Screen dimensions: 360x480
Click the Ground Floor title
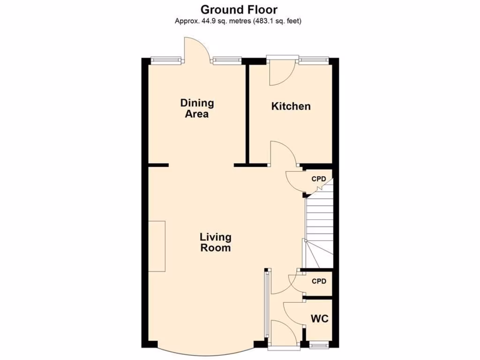coord(240,9)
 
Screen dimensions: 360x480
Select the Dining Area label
coord(197,108)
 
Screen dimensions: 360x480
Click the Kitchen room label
coord(291,106)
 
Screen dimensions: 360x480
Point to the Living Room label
coord(216,242)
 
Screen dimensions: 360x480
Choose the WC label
coord(320,319)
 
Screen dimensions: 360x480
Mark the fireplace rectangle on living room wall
coord(157,246)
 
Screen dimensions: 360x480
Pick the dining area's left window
coord(166,60)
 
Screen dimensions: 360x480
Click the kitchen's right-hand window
coord(313,60)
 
